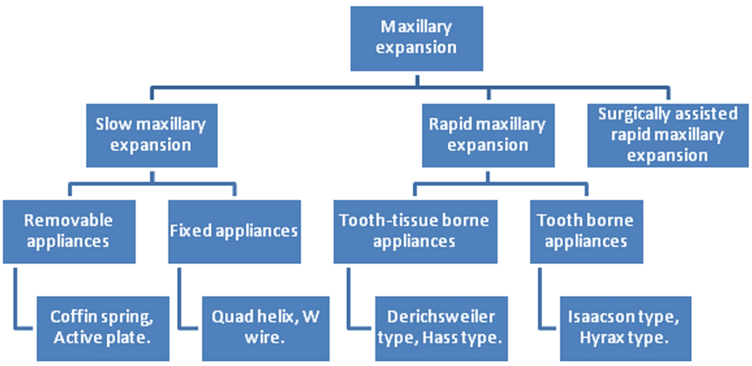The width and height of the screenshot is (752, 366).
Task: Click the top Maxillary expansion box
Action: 417,39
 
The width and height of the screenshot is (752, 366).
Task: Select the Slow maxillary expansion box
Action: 151,135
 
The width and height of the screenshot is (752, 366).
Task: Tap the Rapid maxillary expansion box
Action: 488,135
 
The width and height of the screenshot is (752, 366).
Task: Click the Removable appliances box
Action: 69,232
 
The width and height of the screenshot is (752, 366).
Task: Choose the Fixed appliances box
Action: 234,232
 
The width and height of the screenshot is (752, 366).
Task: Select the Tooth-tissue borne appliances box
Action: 415,232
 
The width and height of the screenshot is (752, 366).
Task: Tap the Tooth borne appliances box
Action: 587,232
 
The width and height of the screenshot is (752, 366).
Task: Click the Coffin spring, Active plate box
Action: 103,328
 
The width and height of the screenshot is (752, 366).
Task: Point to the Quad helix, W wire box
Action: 266,328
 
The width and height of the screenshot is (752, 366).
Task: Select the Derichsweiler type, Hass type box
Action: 441,328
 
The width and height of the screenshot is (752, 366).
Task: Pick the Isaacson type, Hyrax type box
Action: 625,328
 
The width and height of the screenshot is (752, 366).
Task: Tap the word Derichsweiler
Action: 441,317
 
